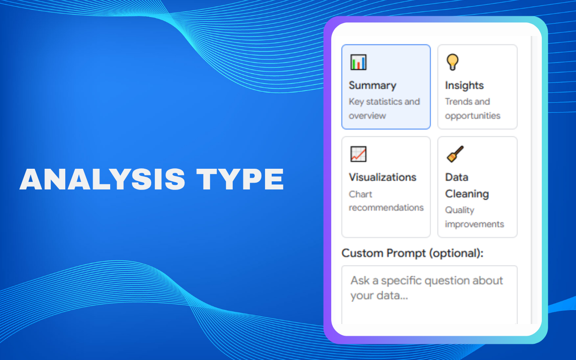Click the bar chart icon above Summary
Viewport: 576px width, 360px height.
click(358, 62)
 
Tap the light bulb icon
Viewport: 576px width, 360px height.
click(452, 62)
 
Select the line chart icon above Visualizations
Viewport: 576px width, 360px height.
click(358, 154)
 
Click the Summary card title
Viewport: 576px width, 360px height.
click(372, 85)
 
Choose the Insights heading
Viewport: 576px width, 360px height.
click(464, 85)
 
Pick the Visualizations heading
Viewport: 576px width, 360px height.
click(382, 177)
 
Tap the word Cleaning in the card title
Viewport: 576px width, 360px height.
click(467, 194)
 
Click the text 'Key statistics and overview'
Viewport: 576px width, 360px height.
click(384, 108)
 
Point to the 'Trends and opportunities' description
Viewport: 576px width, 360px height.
click(472, 108)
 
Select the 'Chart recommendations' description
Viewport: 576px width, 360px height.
click(386, 201)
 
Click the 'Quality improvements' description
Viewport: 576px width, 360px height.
click(474, 217)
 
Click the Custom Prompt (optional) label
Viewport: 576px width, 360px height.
click(412, 253)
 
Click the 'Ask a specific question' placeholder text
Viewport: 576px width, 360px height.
click(426, 288)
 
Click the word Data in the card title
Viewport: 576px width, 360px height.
click(456, 177)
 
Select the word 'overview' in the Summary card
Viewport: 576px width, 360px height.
click(367, 116)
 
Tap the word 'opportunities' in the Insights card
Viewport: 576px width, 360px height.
click(472, 116)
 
